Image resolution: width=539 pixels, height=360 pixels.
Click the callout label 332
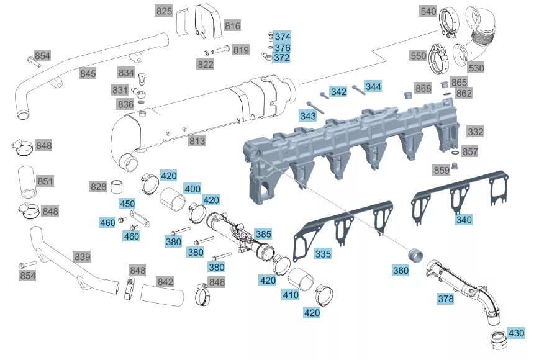(x=476, y=132)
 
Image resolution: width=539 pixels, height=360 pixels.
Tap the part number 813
(x=197, y=140)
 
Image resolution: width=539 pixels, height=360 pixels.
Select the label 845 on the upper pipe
(x=88, y=73)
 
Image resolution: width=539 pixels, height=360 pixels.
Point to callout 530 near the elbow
(x=476, y=68)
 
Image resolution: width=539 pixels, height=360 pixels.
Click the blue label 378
(x=445, y=299)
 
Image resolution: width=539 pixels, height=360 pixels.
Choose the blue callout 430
(x=516, y=333)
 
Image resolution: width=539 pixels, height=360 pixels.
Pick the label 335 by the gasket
(x=323, y=254)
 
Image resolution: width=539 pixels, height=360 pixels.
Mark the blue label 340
(x=464, y=219)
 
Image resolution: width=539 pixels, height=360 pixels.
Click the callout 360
(x=401, y=271)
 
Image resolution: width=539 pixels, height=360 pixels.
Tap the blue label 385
(x=263, y=234)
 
